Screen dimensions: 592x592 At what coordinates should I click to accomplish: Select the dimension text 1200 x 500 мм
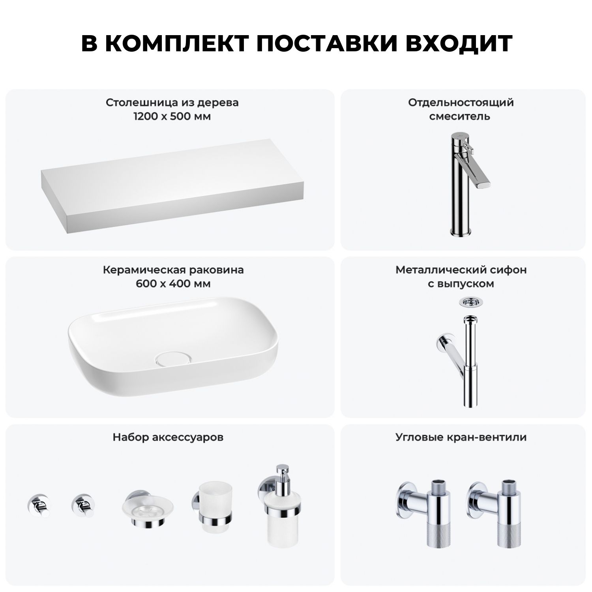[172, 116]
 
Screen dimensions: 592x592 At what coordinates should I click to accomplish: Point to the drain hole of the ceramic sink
[174, 358]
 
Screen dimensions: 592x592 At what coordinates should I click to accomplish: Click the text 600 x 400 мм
[173, 284]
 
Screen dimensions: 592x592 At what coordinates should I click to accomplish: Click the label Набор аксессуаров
[168, 437]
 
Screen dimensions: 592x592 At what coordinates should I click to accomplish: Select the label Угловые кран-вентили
[461, 437]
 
